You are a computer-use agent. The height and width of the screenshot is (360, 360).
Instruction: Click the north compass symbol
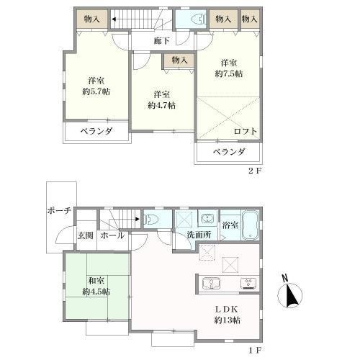coord(289,293)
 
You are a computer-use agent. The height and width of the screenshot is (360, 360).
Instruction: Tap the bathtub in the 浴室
coord(251,225)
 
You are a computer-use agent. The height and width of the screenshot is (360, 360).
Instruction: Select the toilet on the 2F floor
coord(199,19)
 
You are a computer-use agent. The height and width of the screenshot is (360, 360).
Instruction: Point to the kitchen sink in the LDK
coord(212,284)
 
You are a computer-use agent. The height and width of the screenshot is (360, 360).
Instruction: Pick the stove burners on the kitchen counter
coord(248,283)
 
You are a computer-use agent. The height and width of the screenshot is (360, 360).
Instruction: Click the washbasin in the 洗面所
coord(207,218)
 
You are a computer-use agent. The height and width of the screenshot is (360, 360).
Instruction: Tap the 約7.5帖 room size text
coord(228,73)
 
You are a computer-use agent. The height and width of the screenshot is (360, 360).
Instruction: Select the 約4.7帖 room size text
coord(161,105)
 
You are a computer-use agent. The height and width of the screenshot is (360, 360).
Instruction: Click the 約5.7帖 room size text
coord(96,91)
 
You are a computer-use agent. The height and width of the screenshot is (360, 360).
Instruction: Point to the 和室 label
coord(96,281)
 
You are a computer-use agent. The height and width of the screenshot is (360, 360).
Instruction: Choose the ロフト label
coord(246,131)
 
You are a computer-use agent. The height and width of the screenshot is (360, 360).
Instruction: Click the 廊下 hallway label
coord(162,41)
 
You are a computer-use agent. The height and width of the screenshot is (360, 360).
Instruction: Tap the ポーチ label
coord(59,211)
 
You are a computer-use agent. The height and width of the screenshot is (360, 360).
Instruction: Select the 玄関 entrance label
coord(86,235)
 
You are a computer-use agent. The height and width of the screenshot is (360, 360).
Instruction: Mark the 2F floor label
coord(254,171)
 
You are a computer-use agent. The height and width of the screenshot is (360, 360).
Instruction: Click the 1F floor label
coord(254,351)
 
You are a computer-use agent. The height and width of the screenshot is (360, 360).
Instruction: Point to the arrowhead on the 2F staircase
coord(113,19)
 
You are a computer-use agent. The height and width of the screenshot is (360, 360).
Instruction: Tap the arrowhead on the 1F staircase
coord(138,219)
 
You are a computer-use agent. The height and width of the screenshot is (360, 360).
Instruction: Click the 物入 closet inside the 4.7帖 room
coord(179,60)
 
